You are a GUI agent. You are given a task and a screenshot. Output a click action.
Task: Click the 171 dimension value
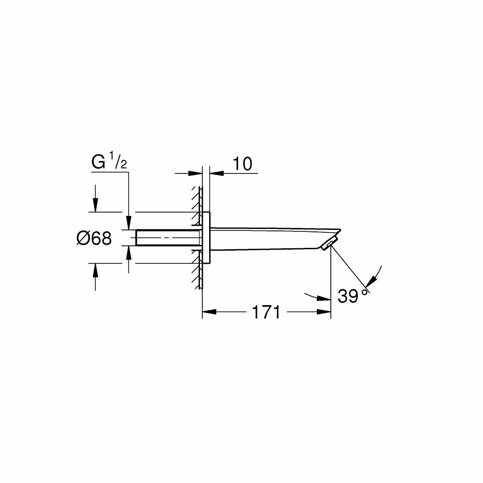point(266,312)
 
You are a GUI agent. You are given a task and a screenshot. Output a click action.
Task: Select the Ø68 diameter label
point(94,238)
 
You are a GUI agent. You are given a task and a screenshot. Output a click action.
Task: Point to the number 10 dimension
point(242,164)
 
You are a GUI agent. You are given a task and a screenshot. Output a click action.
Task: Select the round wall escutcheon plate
point(206,238)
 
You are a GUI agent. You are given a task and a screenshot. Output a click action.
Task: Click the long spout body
point(270,238)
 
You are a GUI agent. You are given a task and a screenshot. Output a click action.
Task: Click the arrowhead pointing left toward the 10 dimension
point(215,172)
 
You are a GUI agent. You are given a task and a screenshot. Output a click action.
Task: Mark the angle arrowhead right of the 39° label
point(372,281)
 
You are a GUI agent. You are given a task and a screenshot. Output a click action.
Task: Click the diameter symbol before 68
point(82,238)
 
